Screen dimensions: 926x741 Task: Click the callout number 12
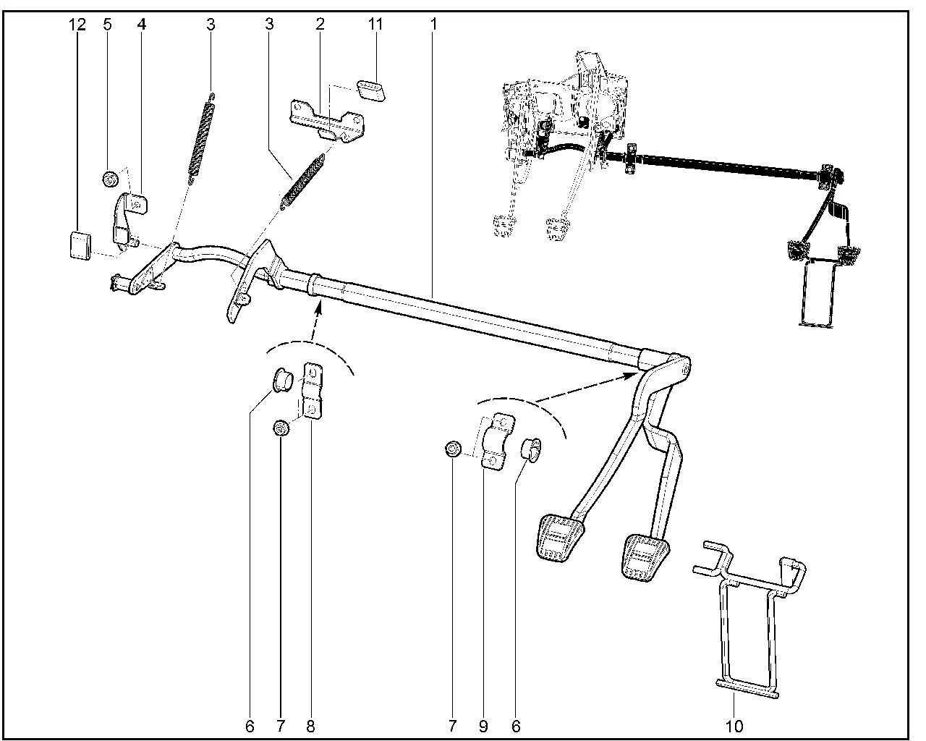[77, 25]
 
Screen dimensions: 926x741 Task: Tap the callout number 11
[375, 24]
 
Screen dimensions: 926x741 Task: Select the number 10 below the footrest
[734, 727]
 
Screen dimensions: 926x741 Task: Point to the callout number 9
[483, 727]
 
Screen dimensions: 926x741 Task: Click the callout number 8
[310, 727]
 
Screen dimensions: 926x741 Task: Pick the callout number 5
[108, 25]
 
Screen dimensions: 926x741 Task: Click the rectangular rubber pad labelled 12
[80, 246]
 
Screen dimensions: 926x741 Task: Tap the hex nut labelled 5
[111, 178]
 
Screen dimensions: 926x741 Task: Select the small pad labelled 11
[371, 90]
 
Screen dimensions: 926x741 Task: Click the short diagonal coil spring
[303, 181]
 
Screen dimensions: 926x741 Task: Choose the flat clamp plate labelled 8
[313, 391]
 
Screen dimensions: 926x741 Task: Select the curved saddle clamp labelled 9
[498, 441]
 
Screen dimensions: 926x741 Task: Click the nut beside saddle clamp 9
[453, 449]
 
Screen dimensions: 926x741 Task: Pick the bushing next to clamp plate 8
[283, 380]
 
